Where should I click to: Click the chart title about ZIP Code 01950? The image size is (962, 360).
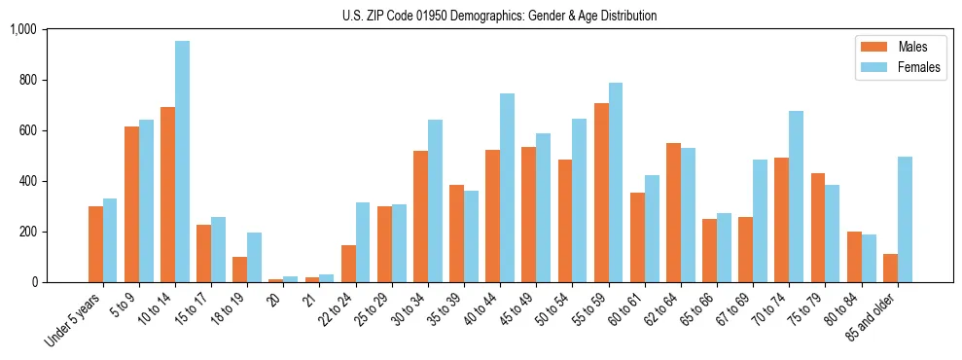[499, 16]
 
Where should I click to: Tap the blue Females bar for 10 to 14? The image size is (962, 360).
[183, 162]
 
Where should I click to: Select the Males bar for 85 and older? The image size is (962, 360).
[891, 268]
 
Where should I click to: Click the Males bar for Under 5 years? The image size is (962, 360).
[95, 244]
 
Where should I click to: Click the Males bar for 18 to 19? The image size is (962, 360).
[240, 270]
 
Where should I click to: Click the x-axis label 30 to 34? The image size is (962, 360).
[409, 309]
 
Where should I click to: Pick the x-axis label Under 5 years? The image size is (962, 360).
[75, 321]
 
